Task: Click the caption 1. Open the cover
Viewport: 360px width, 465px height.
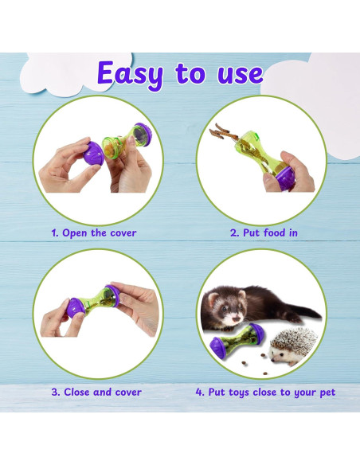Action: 94,233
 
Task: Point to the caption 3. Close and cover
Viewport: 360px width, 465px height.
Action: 96,392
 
